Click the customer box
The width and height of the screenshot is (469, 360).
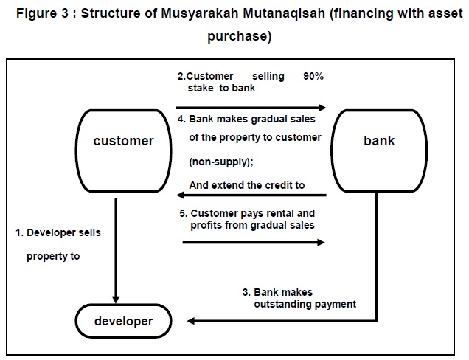[x=123, y=140]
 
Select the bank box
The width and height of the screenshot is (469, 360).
[x=379, y=140]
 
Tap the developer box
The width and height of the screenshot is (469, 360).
[x=123, y=321]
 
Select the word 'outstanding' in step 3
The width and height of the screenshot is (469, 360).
[x=285, y=304]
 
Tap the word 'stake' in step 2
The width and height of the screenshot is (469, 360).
[x=202, y=89]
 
